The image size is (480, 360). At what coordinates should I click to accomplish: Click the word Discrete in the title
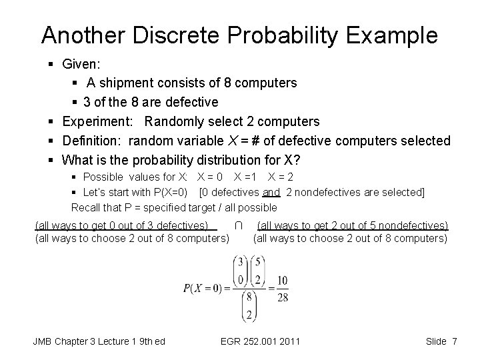[159, 35]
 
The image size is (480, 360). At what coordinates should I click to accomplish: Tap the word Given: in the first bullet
[80, 64]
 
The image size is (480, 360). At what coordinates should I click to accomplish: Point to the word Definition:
[93, 141]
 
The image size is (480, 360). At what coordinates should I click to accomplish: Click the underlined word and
[271, 193]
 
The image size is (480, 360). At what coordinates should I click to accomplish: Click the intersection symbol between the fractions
[239, 226]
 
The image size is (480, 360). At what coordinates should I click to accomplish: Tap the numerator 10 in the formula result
[283, 280]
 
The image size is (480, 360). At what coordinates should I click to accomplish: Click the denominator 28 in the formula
[283, 297]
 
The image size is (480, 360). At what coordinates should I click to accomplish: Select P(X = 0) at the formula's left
[204, 289]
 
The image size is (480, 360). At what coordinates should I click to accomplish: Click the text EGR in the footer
[231, 342]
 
